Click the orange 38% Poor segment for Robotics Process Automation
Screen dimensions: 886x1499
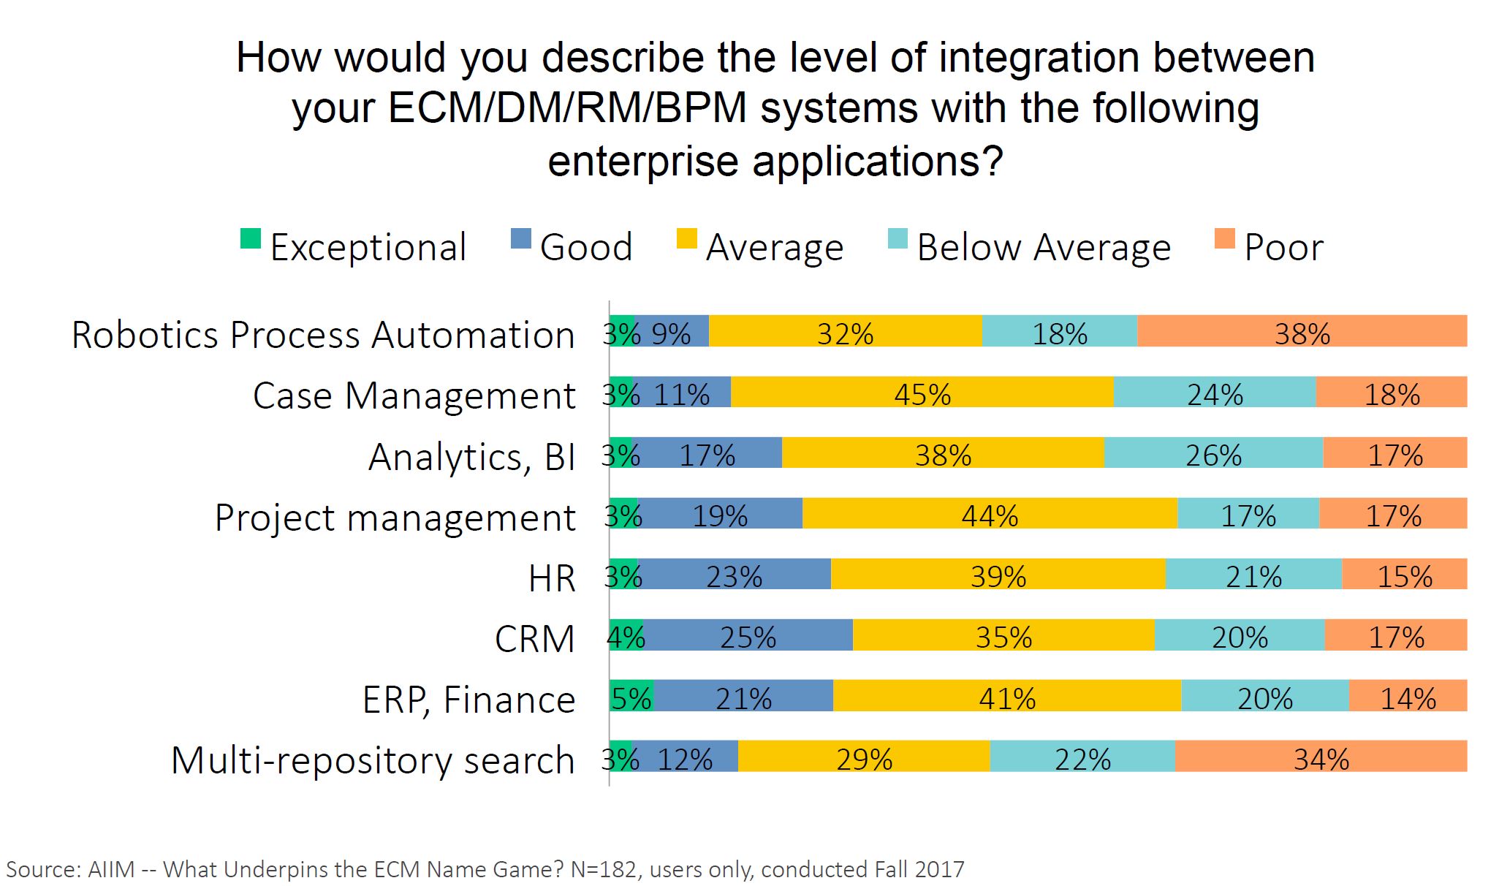click(x=1302, y=331)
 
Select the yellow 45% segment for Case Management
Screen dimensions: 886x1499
click(x=922, y=392)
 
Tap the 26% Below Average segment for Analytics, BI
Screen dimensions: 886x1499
click(x=1213, y=453)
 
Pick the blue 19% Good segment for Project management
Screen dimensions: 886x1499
click(x=720, y=513)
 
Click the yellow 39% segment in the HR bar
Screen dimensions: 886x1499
click(x=998, y=574)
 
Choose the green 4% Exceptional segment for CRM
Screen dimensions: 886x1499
click(x=626, y=635)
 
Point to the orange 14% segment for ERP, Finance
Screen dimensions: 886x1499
click(x=1408, y=695)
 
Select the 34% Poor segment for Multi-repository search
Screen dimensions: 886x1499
click(x=1321, y=756)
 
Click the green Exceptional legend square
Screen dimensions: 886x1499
click(x=251, y=239)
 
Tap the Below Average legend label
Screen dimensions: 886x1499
click(x=1044, y=247)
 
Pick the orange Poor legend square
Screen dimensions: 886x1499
click(x=1224, y=239)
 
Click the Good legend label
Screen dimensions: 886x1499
click(x=585, y=247)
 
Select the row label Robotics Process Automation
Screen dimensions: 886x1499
click(x=323, y=335)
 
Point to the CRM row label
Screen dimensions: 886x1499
click(x=534, y=639)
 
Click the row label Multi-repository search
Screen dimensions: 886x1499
click(x=373, y=760)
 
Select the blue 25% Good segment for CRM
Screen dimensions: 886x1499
click(x=748, y=635)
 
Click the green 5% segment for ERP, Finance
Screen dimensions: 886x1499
click(x=631, y=695)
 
